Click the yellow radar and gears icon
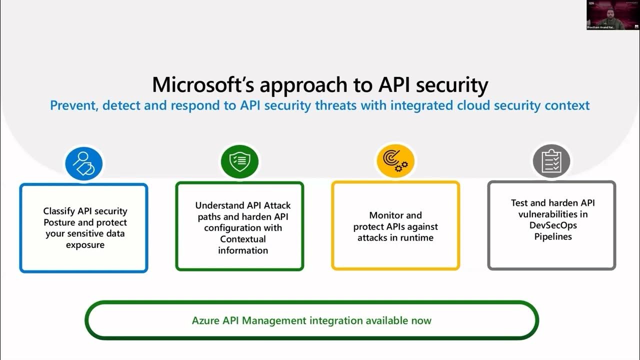coord(395,161)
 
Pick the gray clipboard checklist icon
coord(551,160)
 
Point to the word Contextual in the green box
coord(243,239)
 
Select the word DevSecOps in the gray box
coord(553,225)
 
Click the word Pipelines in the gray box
coord(553,236)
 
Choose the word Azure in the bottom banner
coord(205,320)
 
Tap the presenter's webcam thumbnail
coord(613,15)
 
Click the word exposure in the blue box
coord(85,245)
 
